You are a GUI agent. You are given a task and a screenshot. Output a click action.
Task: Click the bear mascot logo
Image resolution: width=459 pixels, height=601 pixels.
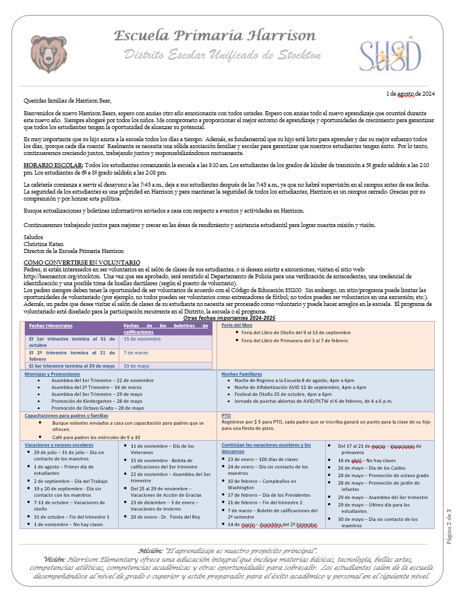(x=48, y=51)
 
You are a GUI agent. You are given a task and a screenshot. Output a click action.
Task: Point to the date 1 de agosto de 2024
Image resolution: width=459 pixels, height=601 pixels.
(x=410, y=93)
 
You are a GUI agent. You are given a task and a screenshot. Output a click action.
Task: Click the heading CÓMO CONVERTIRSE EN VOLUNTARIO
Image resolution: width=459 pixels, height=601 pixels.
(x=81, y=263)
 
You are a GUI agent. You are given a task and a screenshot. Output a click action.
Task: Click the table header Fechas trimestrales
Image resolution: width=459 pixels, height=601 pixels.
(x=51, y=326)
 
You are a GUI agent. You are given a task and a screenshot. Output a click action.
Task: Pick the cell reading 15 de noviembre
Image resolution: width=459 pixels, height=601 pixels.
(x=142, y=339)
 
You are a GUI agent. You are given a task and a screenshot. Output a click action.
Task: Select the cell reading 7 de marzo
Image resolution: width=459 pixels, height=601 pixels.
(x=136, y=352)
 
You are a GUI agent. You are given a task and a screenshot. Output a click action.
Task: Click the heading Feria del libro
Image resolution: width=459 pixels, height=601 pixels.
(x=237, y=325)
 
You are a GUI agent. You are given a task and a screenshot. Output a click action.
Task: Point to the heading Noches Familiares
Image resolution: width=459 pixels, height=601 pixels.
(x=242, y=374)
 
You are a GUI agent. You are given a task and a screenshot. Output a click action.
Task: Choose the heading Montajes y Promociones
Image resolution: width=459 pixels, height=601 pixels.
(x=52, y=374)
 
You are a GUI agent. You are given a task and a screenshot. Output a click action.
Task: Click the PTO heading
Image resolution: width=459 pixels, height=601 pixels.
(x=226, y=415)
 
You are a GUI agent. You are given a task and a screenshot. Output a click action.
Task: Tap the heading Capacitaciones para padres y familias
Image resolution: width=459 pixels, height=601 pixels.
(x=66, y=415)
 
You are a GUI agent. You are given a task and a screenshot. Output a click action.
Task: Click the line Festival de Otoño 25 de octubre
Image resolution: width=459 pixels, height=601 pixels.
(x=283, y=394)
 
